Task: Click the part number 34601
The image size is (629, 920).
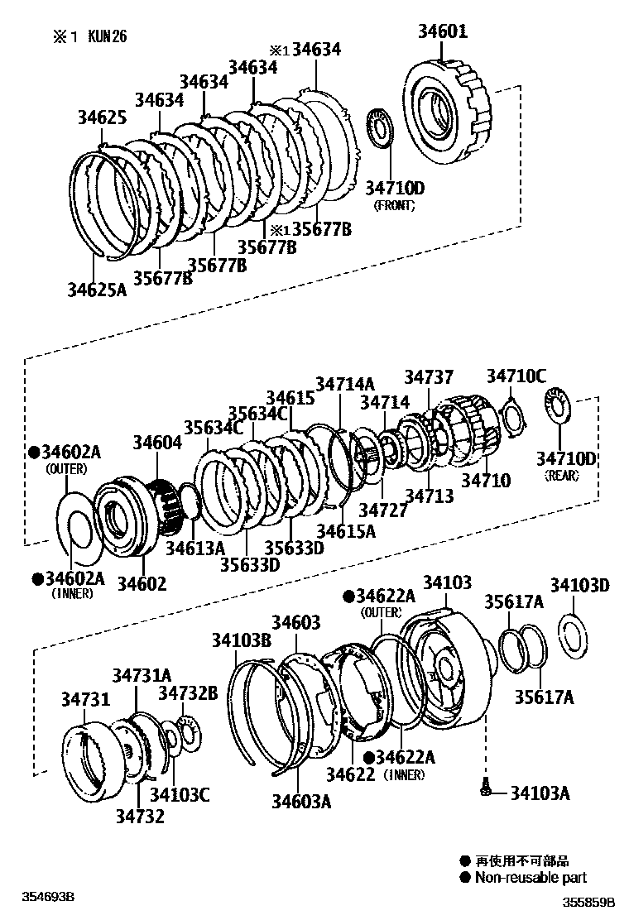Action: tap(443, 32)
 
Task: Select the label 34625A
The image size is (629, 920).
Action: tap(98, 289)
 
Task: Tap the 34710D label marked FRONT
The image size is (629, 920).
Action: tap(395, 189)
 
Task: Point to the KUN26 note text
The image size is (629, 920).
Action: tap(105, 36)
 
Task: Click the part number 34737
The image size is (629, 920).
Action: tap(429, 377)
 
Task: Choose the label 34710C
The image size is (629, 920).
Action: tap(516, 377)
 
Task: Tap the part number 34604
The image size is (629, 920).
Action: tap(157, 443)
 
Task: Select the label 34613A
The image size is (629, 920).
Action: tap(194, 548)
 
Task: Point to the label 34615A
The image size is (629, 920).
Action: tap(345, 531)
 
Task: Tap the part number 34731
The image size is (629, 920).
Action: tap(84, 700)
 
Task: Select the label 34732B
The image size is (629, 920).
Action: tap(188, 692)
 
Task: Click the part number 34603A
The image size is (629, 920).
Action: tap(301, 800)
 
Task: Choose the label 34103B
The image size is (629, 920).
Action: tap(241, 640)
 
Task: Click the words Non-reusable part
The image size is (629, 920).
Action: tap(531, 878)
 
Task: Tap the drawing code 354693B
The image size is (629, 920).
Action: tap(49, 897)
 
